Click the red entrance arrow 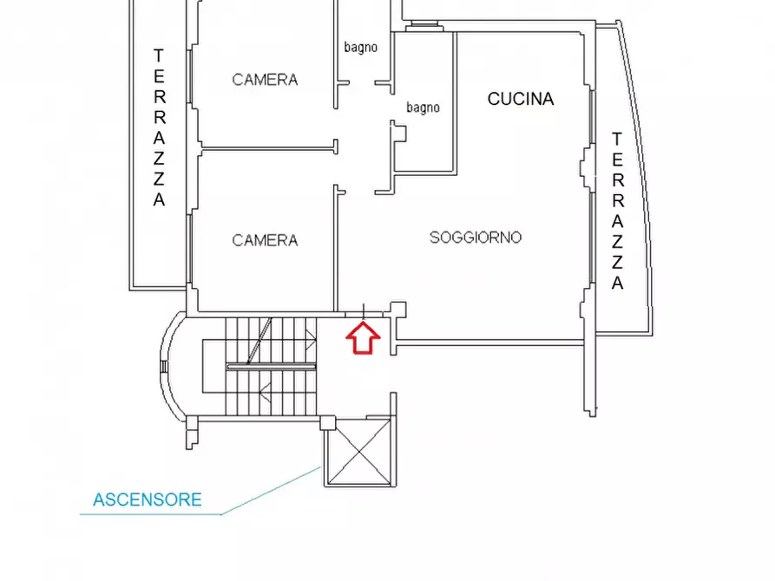click(x=363, y=338)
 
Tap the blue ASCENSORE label click(x=148, y=499)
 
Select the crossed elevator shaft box click(x=359, y=452)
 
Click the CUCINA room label click(x=521, y=99)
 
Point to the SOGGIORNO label click(x=476, y=238)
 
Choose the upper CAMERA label click(x=265, y=80)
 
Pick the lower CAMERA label click(x=265, y=240)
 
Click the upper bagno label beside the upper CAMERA click(x=361, y=48)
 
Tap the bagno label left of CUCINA click(x=424, y=108)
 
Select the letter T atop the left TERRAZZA click(x=159, y=55)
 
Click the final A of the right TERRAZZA click(x=617, y=283)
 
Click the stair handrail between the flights click(x=271, y=367)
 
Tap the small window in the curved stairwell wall click(x=164, y=367)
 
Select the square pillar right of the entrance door click(x=398, y=310)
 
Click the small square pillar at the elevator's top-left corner click(x=328, y=423)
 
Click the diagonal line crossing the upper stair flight click(x=259, y=341)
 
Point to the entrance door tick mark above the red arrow click(x=364, y=311)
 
